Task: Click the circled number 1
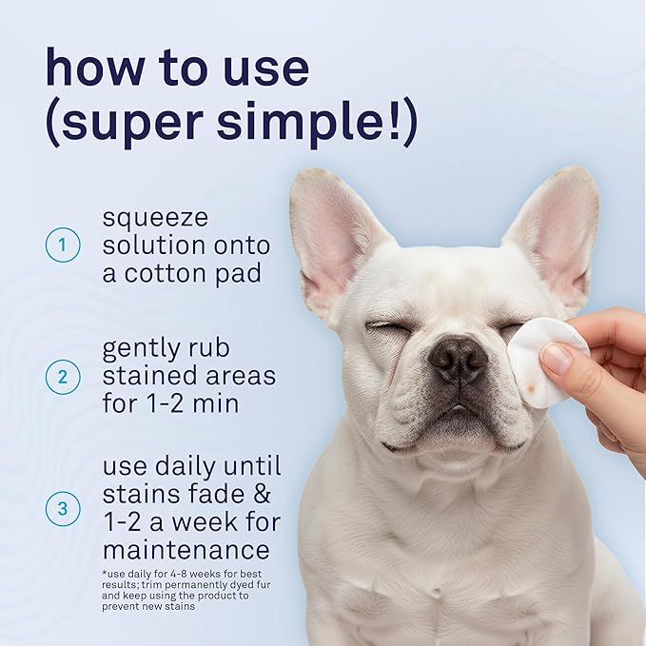click(62, 246)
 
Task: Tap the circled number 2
click(62, 377)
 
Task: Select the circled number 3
click(62, 508)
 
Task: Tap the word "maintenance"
click(186, 550)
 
